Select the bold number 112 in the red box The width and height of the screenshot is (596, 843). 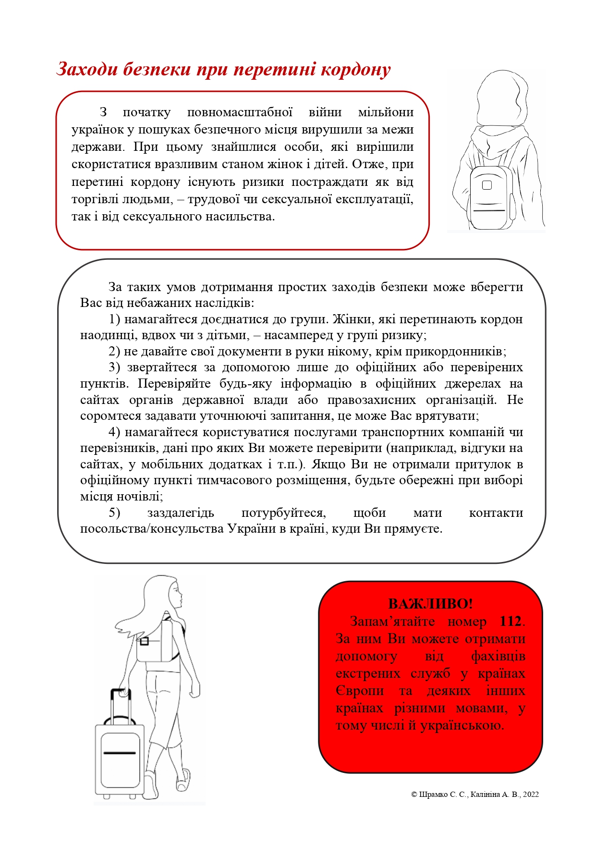pos(510,621)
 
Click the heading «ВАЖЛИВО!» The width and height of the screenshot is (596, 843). pos(430,604)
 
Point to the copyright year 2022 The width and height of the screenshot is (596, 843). pos(531,794)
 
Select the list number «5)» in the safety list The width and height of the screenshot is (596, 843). pos(114,513)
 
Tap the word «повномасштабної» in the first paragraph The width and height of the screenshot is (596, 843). pos(240,112)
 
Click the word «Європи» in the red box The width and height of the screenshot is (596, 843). pos(360,691)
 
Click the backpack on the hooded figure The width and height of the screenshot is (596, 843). pos(490,197)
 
